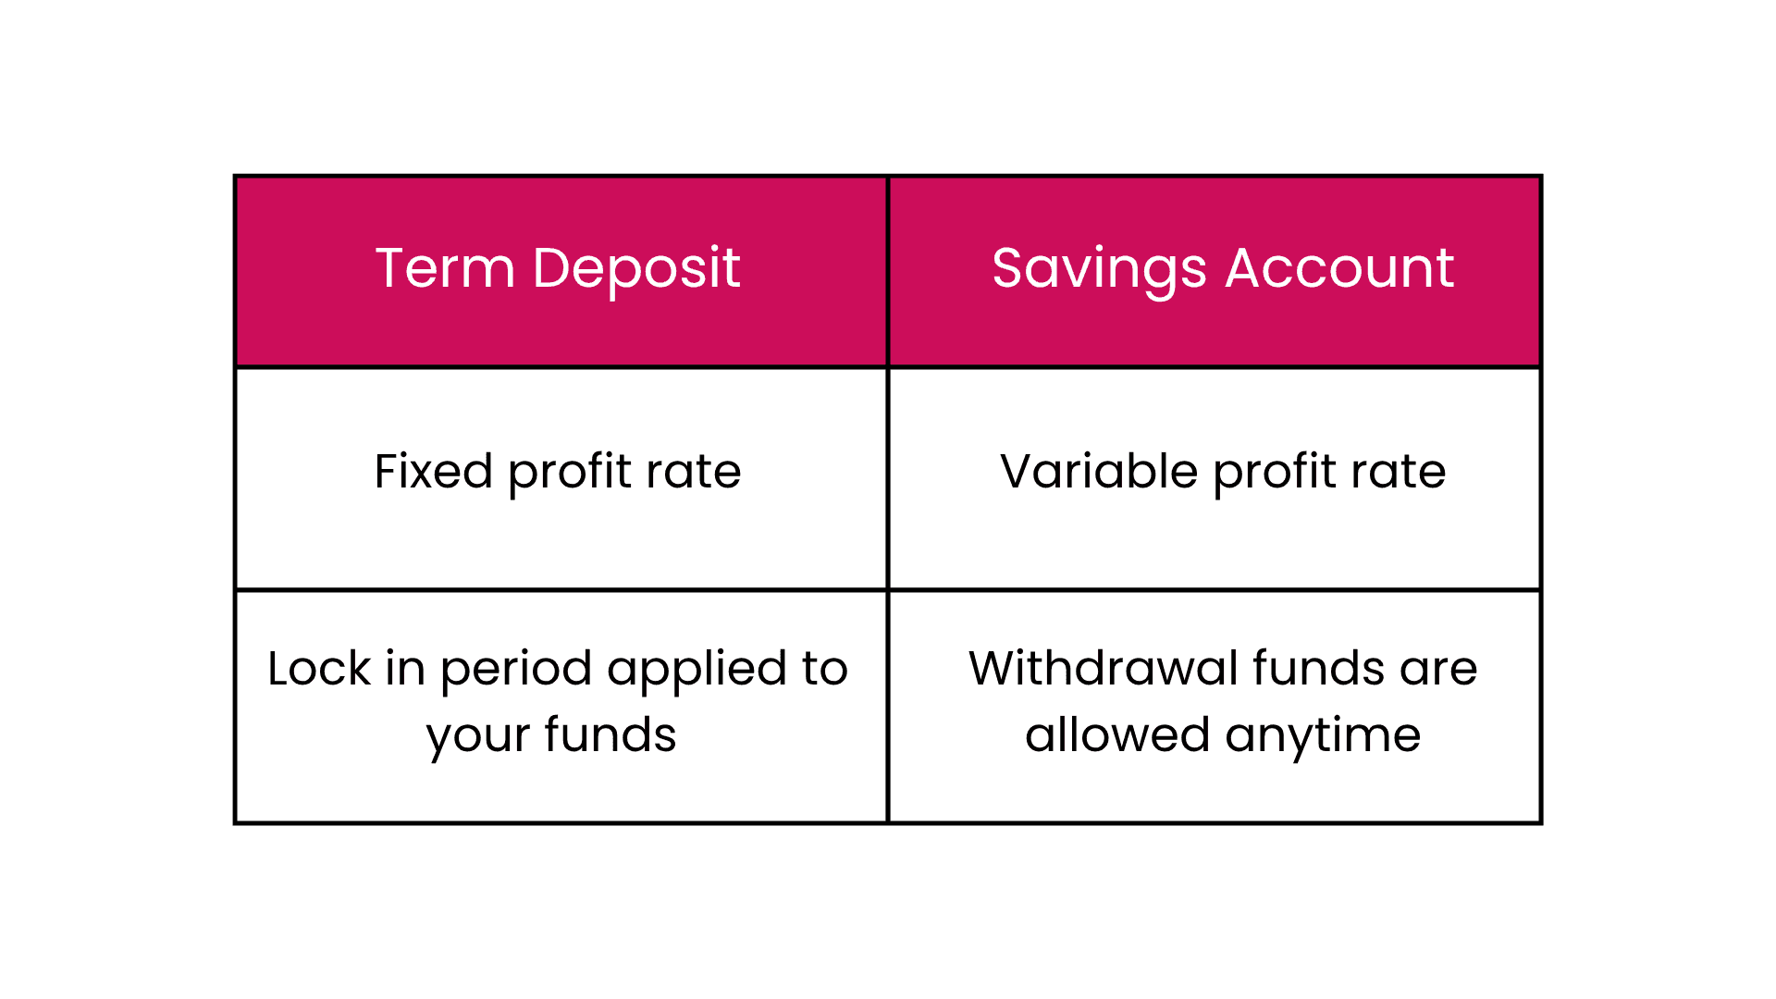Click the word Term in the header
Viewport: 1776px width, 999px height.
(445, 268)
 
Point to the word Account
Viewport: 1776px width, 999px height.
(1340, 269)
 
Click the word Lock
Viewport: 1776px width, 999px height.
(319, 668)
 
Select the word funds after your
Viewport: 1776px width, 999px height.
(610, 734)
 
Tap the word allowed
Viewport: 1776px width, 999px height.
(1117, 734)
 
